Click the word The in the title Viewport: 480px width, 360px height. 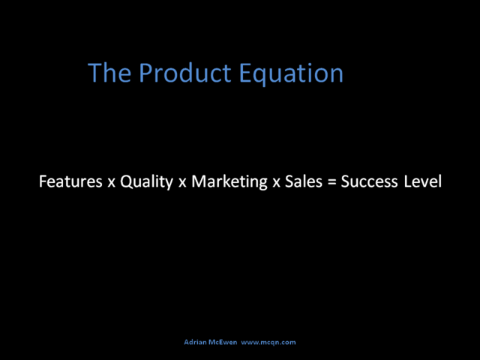109,73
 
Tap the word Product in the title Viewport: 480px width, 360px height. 185,73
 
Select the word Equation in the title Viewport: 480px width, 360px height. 291,74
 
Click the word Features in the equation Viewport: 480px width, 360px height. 70,181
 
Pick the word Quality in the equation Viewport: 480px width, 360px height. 146,182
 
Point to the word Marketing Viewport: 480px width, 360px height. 229,182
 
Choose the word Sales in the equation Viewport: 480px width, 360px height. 304,181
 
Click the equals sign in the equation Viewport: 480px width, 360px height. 331,182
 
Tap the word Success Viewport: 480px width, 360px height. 370,181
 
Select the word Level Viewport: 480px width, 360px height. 423,181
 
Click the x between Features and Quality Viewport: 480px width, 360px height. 111,183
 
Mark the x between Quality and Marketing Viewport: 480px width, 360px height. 182,183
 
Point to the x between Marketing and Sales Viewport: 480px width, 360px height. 277,183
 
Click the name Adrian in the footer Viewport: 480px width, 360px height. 195,342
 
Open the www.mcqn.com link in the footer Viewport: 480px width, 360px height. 268,343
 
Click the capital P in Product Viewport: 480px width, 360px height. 145,73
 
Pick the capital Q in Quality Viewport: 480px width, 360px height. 127,182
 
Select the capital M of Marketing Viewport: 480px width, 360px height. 199,181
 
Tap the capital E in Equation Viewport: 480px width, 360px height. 245,73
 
